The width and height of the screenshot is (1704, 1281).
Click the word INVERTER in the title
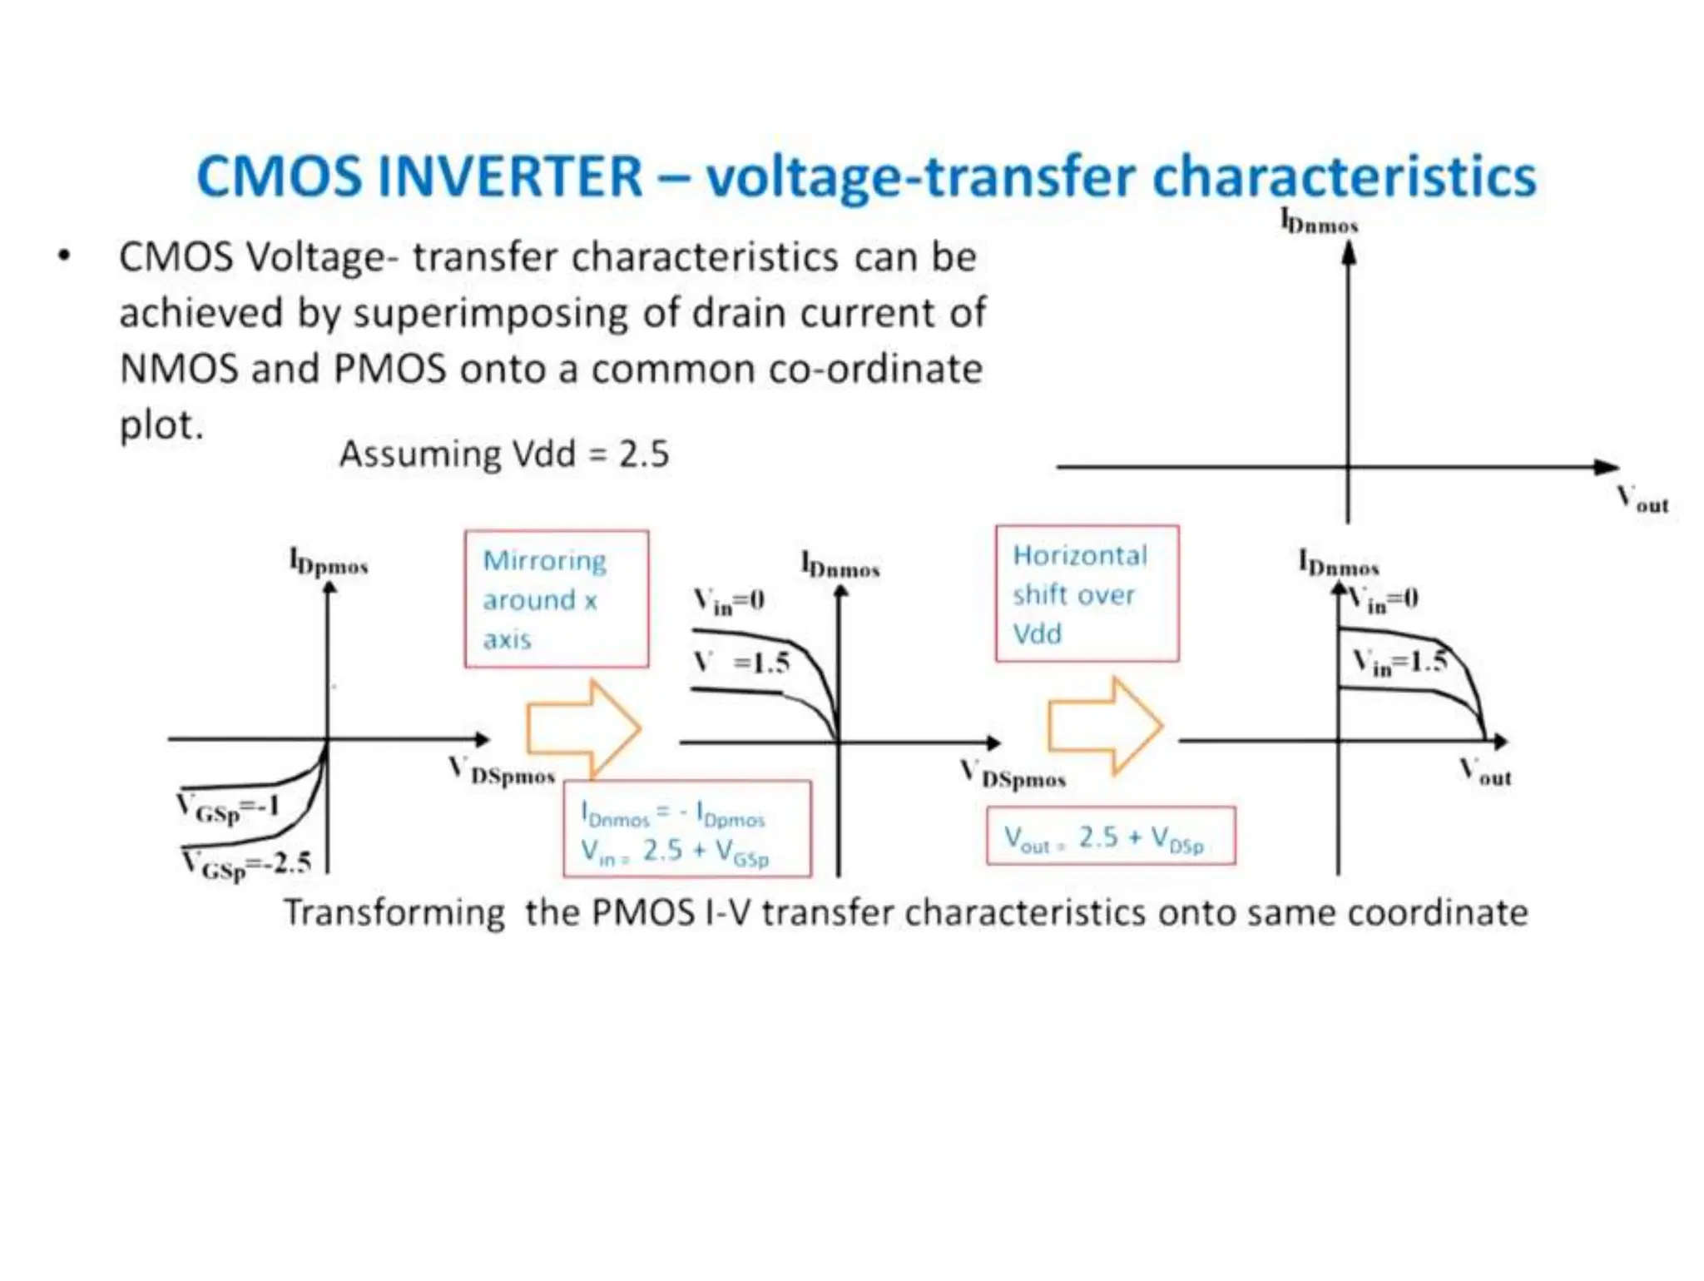click(x=510, y=176)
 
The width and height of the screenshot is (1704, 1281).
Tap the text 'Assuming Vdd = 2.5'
click(x=503, y=454)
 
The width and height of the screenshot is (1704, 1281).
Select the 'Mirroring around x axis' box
click(x=556, y=599)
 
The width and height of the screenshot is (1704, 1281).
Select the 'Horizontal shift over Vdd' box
click(x=1087, y=594)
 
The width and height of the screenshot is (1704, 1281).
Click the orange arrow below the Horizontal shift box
click(x=1104, y=725)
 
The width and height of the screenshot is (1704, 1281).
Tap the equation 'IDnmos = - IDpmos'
click(x=672, y=813)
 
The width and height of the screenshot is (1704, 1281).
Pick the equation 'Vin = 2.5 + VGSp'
click(x=674, y=852)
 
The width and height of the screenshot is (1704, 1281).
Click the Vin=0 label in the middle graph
click(x=729, y=600)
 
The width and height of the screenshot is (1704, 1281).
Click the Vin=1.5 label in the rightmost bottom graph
click(x=1399, y=663)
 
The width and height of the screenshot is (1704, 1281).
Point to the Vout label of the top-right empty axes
click(x=1642, y=500)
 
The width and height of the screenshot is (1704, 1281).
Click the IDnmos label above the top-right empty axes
click(x=1319, y=222)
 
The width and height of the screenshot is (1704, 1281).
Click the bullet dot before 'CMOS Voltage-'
click(x=65, y=256)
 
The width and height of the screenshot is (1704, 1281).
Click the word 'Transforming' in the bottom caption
click(x=394, y=913)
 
